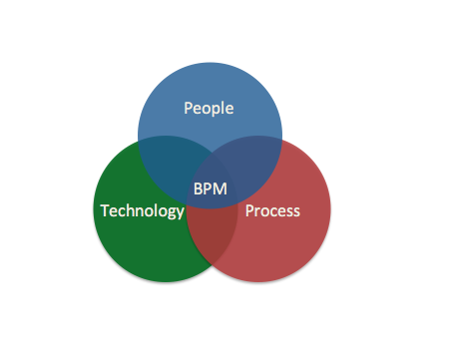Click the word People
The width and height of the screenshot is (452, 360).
point(210,108)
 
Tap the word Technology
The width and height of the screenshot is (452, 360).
point(143,210)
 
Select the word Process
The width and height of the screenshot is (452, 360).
point(272,210)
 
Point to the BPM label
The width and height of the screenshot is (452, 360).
point(210,187)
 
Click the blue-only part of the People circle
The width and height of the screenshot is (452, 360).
point(210,85)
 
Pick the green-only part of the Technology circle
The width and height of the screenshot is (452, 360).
point(140,244)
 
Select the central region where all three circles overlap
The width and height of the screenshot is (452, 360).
point(211,180)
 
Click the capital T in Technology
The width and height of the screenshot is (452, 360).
point(104,210)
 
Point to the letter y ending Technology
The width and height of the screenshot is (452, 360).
point(180,212)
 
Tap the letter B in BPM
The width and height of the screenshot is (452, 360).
point(197,187)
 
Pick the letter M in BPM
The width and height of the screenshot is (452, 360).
point(221,187)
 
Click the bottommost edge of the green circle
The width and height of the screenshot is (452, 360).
point(166,281)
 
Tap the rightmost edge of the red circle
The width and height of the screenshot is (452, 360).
point(329,209)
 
